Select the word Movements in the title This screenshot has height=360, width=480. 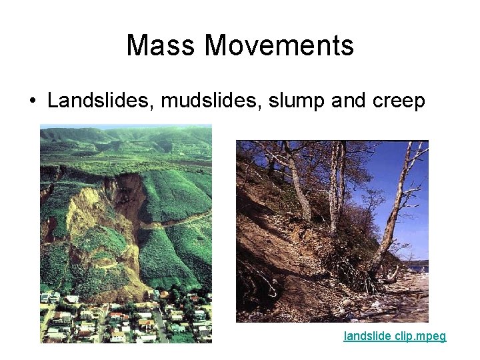pos(279,45)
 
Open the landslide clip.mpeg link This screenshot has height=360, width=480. pos(395,337)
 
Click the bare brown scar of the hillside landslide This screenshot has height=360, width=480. pos(100,220)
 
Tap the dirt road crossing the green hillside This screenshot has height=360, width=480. pos(180,220)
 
